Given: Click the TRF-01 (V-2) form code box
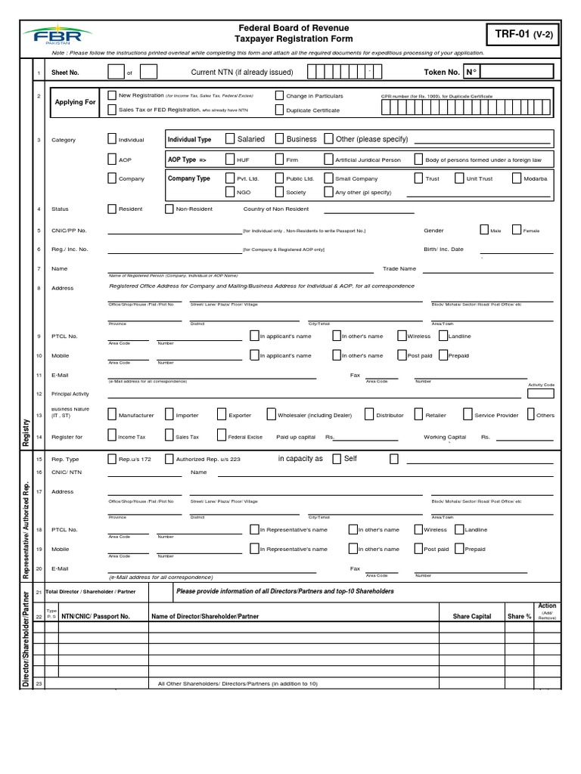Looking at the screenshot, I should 524,34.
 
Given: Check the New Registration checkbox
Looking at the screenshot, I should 112,96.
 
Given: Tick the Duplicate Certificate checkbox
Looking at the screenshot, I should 279,110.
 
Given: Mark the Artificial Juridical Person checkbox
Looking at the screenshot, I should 328,159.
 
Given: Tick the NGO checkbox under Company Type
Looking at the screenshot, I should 230,192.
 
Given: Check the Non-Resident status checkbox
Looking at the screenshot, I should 169,209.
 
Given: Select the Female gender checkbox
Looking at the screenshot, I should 516,230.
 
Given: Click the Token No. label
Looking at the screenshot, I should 441,73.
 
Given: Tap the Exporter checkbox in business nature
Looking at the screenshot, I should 222,414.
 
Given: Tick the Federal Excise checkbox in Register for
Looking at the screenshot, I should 222,435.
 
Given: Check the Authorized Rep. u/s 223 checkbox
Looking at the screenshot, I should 169,459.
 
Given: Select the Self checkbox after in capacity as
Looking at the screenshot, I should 337,459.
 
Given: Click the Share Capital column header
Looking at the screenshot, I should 472,616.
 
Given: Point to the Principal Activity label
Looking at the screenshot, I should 70,394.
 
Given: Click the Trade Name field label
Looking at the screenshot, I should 399,268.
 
